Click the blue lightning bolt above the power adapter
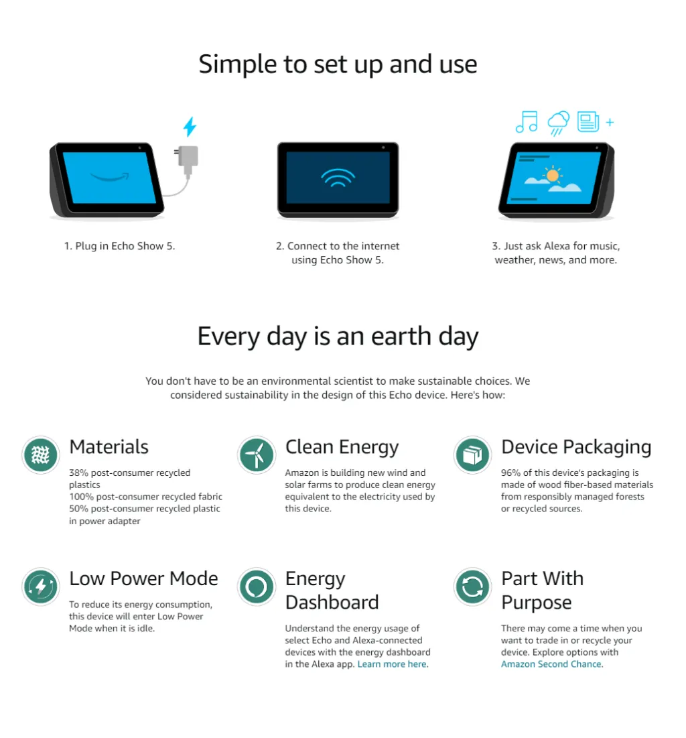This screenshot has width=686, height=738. click(x=190, y=127)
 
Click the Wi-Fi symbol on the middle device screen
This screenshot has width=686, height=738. click(x=338, y=178)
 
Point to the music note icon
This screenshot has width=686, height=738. click(x=527, y=122)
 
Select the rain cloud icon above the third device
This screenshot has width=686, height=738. click(x=559, y=123)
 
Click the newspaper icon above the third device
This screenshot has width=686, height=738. click(x=588, y=121)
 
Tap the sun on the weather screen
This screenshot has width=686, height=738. click(x=553, y=175)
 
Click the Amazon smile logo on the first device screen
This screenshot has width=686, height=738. click(x=110, y=177)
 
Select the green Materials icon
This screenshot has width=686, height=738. click(x=41, y=454)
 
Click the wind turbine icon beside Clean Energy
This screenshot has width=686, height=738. click(x=257, y=454)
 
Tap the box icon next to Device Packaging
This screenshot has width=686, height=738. click(x=472, y=454)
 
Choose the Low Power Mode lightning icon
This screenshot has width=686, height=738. click(x=41, y=587)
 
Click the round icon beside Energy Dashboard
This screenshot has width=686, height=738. click(x=257, y=587)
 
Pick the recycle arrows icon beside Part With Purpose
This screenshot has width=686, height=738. click(x=472, y=587)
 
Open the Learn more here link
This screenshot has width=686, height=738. click(x=392, y=664)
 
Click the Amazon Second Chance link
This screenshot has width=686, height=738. click(x=551, y=664)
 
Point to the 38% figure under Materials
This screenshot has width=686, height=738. click(x=78, y=473)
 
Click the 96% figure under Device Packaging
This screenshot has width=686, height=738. click(x=510, y=473)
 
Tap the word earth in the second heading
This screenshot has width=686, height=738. click(x=401, y=336)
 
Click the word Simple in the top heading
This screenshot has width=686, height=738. click(x=238, y=64)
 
